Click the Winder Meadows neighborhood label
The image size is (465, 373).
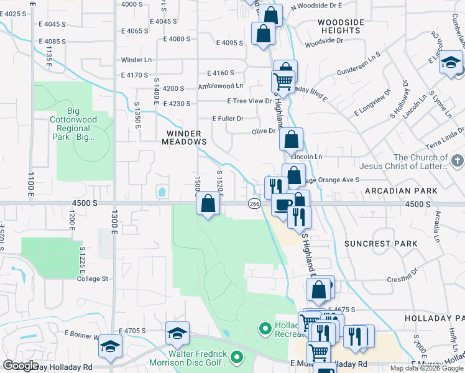tap(186, 137)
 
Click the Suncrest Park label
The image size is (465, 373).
tap(389, 244)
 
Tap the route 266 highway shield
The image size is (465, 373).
tap(254, 203)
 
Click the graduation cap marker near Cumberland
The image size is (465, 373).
tap(451, 62)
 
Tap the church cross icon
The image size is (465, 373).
tap(457, 162)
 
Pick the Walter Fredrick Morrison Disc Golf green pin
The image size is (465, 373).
tap(236, 357)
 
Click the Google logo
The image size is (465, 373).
tap(21, 366)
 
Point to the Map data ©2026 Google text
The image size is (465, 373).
tap(426, 368)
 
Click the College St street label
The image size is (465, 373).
tap(93, 279)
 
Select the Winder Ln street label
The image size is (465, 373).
tap(136, 60)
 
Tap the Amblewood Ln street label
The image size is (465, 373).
tap(221, 86)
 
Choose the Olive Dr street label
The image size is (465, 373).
tap(263, 131)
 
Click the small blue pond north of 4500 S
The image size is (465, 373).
tap(162, 192)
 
